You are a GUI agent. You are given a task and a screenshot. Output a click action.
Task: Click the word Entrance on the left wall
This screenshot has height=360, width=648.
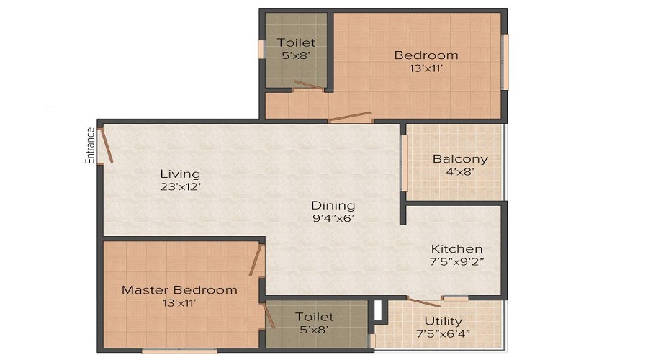click(x=91, y=146)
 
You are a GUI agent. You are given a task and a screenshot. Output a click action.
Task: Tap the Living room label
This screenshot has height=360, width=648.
click(x=180, y=174)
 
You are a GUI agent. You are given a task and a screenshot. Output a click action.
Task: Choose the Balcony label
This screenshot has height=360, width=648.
click(x=460, y=159)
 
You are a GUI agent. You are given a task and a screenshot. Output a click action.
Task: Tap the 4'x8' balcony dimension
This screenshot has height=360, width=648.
click(x=460, y=172)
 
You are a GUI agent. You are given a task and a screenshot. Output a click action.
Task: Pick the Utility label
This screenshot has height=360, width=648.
click(x=444, y=321)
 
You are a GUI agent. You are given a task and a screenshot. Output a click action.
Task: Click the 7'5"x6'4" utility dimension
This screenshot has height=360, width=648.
click(x=444, y=334)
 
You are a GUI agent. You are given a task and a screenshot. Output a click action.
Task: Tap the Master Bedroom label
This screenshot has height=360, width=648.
click(x=179, y=290)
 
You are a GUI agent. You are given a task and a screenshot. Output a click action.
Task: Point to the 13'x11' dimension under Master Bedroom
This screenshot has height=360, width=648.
click(x=179, y=303)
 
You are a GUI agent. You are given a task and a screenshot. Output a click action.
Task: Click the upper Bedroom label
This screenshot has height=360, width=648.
click(x=426, y=55)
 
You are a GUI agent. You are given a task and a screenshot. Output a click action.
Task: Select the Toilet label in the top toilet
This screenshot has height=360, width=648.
click(x=296, y=42)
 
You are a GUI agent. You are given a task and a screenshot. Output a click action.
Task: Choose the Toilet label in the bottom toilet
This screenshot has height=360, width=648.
click(x=315, y=317)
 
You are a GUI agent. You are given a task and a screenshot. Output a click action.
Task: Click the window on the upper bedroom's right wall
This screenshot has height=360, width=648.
click(x=505, y=62)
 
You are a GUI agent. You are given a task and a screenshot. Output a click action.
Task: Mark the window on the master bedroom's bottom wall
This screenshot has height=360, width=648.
click(x=179, y=351)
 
